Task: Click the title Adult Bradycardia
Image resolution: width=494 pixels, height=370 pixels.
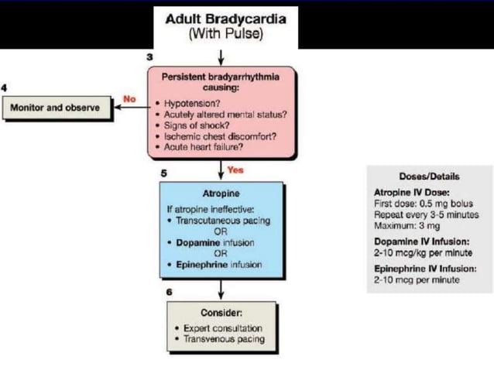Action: click(221, 19)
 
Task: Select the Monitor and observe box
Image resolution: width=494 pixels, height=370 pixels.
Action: click(55, 108)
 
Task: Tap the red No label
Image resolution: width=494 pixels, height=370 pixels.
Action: click(129, 99)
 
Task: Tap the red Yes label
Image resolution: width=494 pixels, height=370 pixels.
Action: click(235, 170)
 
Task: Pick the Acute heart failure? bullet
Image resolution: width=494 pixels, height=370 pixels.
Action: click(203, 146)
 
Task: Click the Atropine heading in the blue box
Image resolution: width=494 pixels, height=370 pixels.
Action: click(221, 193)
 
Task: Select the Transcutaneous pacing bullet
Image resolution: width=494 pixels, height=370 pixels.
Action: click(222, 221)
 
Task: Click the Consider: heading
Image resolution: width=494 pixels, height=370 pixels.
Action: click(221, 313)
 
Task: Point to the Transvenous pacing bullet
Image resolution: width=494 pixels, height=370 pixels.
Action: click(224, 339)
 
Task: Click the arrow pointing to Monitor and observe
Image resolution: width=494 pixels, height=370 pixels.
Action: click(127, 108)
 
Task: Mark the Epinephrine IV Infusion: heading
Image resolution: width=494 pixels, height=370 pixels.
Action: click(424, 269)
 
